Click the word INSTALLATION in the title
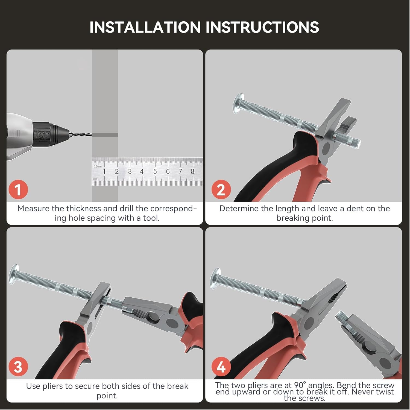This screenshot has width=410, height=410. coord(145,27)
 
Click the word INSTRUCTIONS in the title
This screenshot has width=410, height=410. coord(262,27)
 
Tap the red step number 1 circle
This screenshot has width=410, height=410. coord(18,189)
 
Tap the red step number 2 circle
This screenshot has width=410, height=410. coord(221,190)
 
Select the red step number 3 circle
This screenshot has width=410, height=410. coord(18,367)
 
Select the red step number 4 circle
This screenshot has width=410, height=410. coord(221,367)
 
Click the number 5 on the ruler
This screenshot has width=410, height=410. coord(155,171)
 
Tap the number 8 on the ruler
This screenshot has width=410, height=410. coord(192,171)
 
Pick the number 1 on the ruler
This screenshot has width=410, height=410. coord(104,171)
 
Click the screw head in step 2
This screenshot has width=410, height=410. coord(238,103)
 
